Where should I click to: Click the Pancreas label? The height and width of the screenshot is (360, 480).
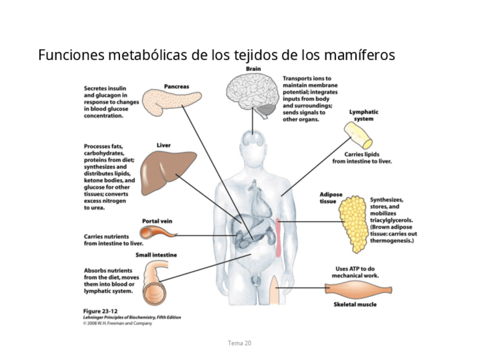[176, 87]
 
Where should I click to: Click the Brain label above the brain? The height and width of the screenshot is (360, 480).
[253, 69]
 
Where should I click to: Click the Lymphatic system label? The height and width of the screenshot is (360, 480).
[363, 115]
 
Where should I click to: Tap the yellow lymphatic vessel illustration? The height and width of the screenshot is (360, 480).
[359, 135]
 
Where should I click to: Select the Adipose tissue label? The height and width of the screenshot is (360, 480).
[331, 198]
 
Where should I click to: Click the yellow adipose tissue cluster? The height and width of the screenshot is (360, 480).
[353, 224]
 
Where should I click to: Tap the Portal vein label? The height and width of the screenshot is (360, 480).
[157, 221]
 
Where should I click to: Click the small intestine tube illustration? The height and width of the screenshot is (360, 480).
[154, 283]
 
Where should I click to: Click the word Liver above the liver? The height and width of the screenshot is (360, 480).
[163, 145]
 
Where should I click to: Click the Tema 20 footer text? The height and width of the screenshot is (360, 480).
[239, 343]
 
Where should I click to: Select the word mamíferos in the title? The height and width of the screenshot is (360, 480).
[360, 55]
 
